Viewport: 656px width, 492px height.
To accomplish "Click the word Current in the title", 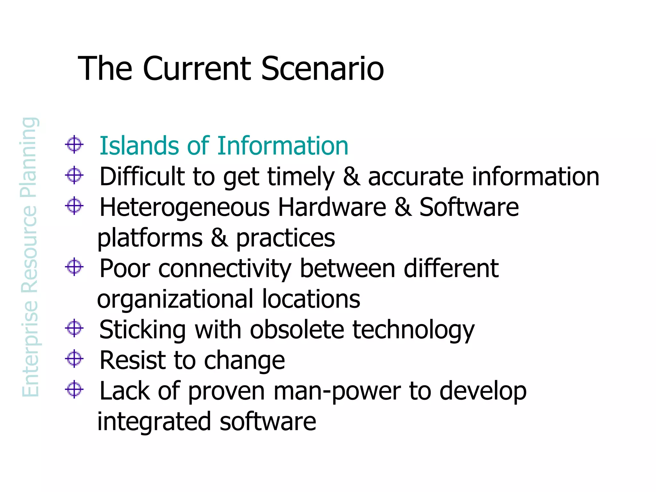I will pyautogui.click(x=197, y=69).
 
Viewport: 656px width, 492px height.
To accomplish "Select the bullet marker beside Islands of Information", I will pyautogui.click(x=74, y=144).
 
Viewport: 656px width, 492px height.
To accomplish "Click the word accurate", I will pyautogui.click(x=416, y=177).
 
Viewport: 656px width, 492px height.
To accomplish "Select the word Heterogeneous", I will pyautogui.click(x=184, y=208).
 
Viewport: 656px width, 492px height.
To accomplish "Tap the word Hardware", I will pyautogui.click(x=332, y=207).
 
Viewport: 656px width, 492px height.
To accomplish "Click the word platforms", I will pyautogui.click(x=150, y=238).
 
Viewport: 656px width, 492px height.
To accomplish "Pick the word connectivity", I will pyautogui.click(x=225, y=268).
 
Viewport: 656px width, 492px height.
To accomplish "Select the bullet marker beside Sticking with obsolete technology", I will pyautogui.click(x=74, y=328).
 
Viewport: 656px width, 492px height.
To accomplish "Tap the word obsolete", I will pyautogui.click(x=297, y=330).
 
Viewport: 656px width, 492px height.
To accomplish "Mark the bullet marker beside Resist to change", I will pyautogui.click(x=74, y=359).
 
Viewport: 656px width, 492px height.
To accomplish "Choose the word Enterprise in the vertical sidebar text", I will pyautogui.click(x=30, y=349).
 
